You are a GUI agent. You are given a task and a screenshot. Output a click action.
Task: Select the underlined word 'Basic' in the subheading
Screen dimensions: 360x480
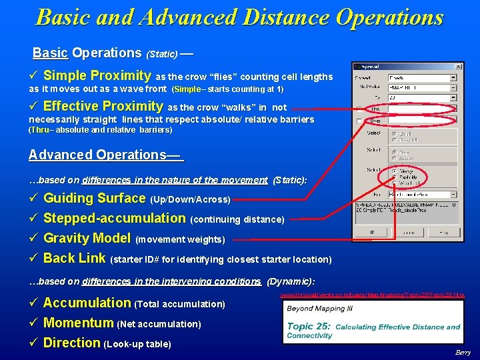51,53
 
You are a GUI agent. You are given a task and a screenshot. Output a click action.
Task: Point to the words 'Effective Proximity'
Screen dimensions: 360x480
103,106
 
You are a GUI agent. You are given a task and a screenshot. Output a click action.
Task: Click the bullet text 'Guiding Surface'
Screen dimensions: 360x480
94,198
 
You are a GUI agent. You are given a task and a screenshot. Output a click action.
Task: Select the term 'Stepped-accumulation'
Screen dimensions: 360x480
114,218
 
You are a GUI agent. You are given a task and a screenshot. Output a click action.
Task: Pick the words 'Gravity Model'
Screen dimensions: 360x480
87,238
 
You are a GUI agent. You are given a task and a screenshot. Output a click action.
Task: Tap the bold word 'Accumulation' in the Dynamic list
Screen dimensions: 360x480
87,303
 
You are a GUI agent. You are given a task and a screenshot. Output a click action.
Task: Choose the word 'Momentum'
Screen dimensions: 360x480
78,323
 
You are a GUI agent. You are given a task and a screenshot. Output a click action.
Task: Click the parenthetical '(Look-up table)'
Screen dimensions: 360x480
137,344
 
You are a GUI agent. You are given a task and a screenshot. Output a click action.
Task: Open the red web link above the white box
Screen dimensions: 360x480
372,295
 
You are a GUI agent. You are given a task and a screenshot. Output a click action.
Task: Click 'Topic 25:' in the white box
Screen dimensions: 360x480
309,327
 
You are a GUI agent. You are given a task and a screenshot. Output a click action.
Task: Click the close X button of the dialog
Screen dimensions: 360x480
457,67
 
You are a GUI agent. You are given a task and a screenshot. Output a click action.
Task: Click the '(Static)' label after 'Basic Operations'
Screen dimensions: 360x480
162,53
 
